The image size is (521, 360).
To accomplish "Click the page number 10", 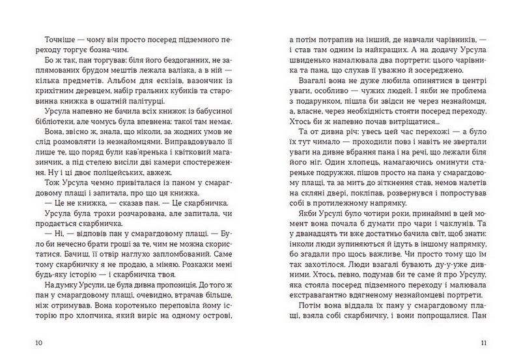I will click(x=25, y=342).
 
